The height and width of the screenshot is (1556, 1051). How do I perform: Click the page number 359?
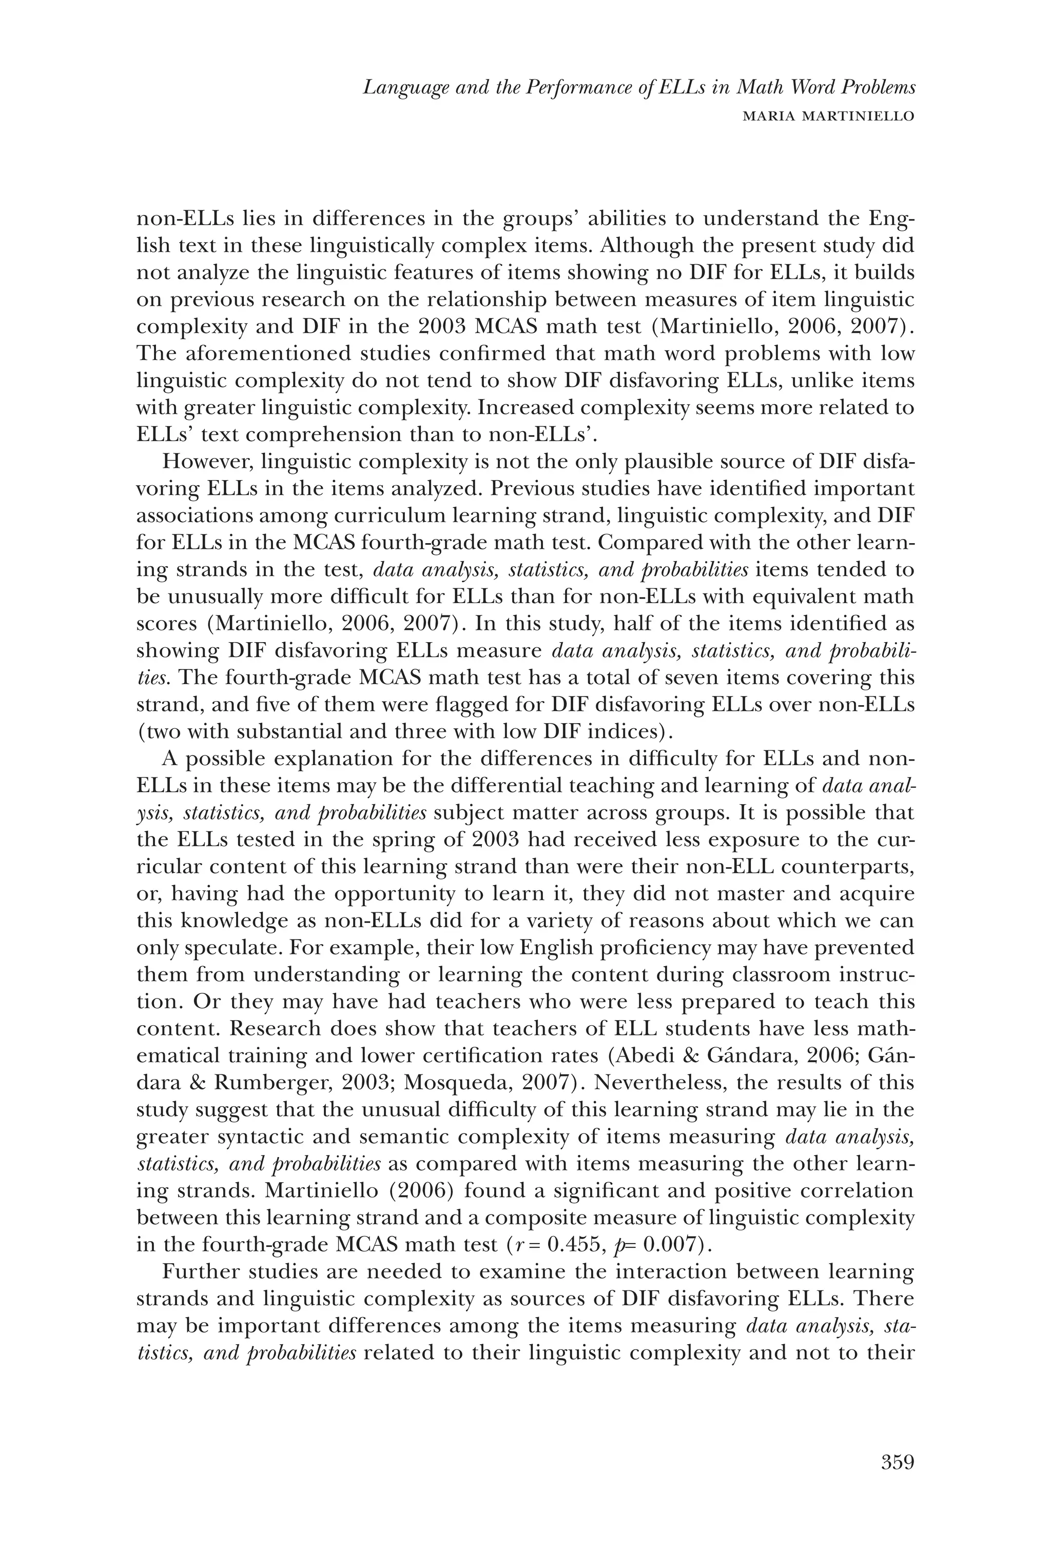897,1462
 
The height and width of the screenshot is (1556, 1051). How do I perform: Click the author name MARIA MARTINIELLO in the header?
829,116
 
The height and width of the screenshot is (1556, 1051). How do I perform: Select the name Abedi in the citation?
636,1056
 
